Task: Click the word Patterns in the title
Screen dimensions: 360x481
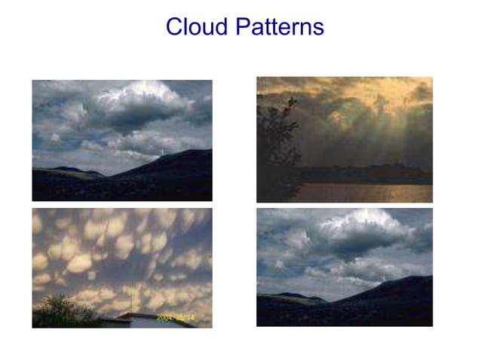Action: tap(279, 27)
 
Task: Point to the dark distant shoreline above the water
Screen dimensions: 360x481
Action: tap(362, 172)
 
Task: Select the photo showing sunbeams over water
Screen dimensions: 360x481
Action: tap(345, 139)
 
